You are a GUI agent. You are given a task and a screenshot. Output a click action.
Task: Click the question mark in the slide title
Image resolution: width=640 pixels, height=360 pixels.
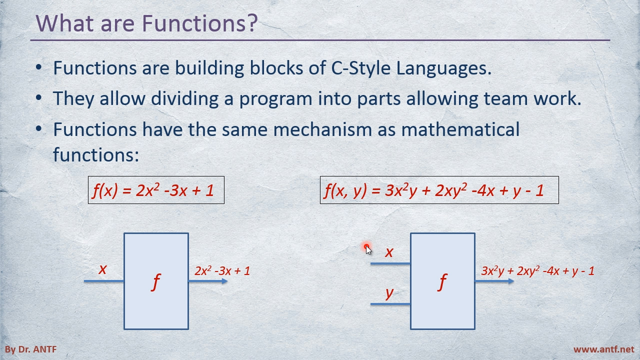(251, 22)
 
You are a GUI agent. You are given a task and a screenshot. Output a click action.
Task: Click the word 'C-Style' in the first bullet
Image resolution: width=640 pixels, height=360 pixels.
(360, 68)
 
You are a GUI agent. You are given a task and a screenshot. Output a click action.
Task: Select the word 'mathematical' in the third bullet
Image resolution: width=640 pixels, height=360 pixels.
(460, 129)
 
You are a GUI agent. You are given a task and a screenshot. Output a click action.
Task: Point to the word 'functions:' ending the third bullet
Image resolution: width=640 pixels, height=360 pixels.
(96, 154)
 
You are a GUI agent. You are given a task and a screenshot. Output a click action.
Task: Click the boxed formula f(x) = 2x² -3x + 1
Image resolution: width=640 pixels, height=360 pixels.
(156, 190)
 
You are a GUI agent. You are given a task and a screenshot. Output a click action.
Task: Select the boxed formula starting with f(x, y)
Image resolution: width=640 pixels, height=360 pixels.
(439, 190)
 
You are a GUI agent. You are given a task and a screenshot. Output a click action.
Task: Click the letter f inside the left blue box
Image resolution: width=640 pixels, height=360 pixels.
(155, 282)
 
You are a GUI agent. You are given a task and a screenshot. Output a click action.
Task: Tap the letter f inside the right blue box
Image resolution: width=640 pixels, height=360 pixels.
(442, 282)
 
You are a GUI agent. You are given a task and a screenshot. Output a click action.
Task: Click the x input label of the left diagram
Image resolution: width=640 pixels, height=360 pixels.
(102, 269)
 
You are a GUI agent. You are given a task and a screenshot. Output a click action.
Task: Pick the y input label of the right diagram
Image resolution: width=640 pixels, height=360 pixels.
(389, 293)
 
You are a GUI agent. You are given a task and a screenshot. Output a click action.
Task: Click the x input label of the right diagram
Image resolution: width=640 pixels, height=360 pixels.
(389, 252)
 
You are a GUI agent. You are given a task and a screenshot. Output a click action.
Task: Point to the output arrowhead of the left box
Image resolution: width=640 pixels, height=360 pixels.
(225, 281)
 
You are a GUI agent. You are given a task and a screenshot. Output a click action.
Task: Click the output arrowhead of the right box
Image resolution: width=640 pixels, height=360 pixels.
(511, 281)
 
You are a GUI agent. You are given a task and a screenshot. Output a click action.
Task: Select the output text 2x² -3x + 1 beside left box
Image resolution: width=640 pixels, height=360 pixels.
(222, 271)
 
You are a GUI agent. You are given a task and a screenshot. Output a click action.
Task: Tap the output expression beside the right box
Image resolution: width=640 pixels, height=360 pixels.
(537, 271)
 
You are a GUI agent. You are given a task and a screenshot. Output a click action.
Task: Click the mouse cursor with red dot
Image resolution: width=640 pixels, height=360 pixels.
(368, 249)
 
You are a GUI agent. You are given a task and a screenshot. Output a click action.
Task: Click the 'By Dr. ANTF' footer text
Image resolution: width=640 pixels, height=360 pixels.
(30, 349)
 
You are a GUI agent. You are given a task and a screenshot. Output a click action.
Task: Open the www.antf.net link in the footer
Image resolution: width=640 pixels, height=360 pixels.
(603, 349)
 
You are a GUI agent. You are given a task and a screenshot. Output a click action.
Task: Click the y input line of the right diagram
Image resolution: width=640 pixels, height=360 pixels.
(390, 304)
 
